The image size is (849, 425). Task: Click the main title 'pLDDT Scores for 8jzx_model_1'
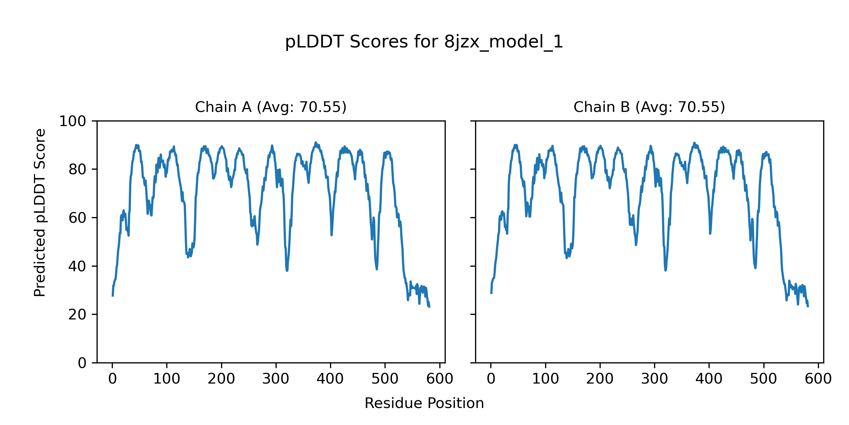tap(424, 42)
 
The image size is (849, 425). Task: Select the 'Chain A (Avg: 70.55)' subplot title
tap(271, 107)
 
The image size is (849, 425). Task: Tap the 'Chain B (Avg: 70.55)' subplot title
tap(649, 107)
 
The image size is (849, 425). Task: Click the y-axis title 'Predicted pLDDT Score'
tap(40, 212)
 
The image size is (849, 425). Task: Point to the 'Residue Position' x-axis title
tap(424, 403)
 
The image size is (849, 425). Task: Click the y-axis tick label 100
tap(73, 121)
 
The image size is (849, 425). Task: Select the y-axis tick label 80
tap(77, 170)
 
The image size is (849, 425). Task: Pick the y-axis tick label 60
tap(77, 218)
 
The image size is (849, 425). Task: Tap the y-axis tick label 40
tap(77, 266)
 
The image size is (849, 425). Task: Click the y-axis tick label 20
tap(77, 314)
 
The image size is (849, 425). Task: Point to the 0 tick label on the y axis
tap(82, 363)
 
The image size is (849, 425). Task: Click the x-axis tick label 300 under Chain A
tap(276, 379)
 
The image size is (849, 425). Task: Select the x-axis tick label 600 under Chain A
tap(439, 379)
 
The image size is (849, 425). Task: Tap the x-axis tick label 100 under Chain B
tap(545, 379)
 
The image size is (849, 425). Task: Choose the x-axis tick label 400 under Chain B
tap(709, 379)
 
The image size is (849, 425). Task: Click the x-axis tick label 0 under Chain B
tap(491, 379)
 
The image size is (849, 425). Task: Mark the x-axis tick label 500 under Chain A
tap(385, 379)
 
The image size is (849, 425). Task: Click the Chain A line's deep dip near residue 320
tap(287, 270)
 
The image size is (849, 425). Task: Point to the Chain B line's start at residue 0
tap(491, 293)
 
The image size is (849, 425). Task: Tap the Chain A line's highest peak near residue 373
tap(316, 143)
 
